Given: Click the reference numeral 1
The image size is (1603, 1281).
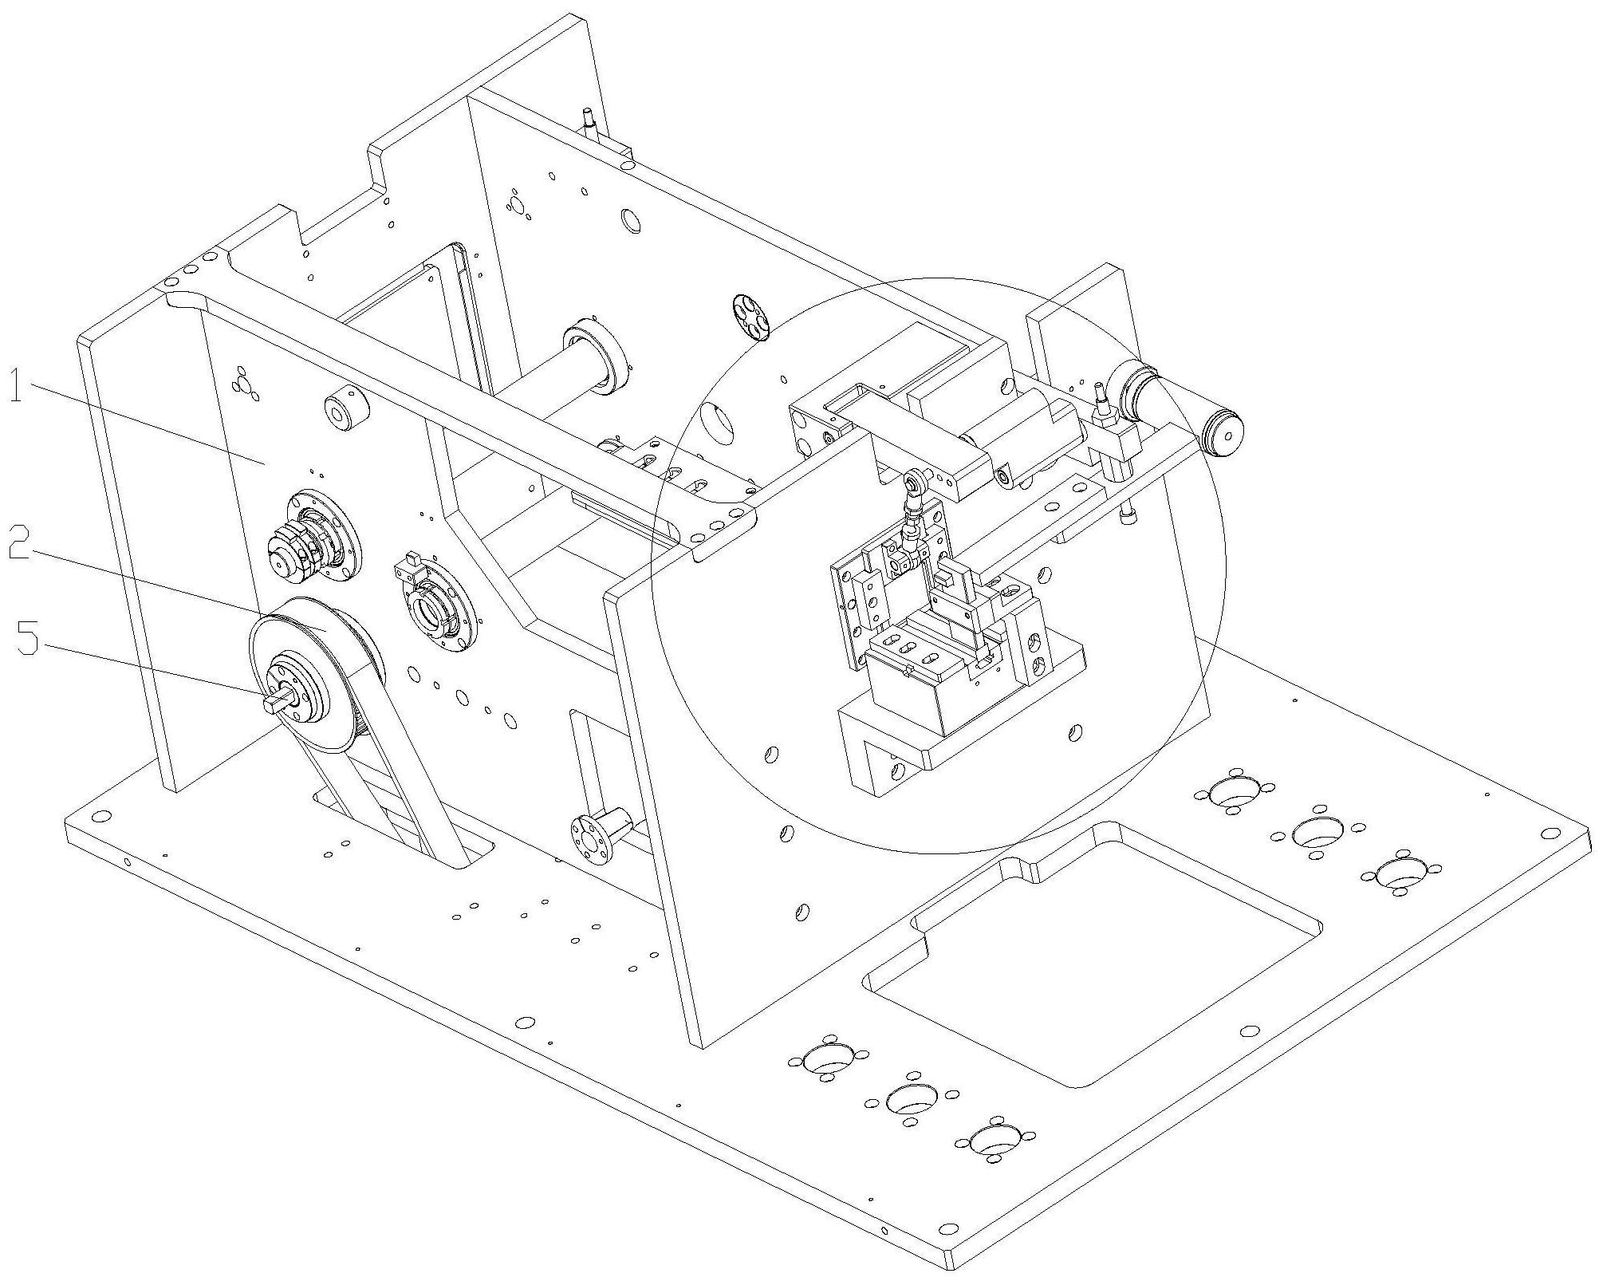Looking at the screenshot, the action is (17, 390).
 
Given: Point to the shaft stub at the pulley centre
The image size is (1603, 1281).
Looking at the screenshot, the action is (278, 701).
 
